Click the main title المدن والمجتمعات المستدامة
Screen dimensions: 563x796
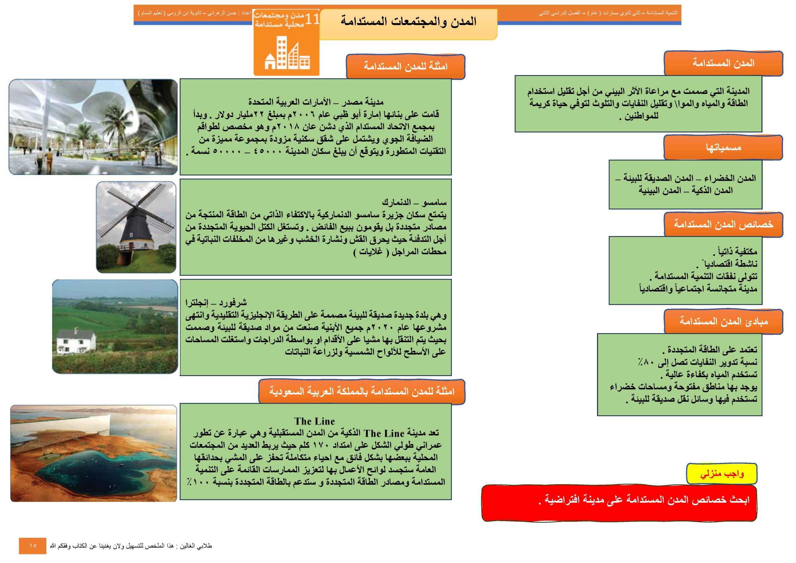point(408,22)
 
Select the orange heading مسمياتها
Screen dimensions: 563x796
point(723,147)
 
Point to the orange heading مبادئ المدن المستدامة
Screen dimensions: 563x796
point(723,322)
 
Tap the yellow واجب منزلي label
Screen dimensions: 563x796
point(721,473)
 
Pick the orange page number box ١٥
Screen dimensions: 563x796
point(33,546)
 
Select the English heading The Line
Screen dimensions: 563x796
point(314,421)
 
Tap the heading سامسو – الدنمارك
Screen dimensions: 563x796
point(414,202)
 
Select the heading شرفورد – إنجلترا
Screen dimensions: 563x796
point(216,302)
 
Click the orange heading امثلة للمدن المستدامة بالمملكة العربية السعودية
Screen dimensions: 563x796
point(362,391)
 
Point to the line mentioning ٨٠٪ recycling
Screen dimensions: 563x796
point(697,362)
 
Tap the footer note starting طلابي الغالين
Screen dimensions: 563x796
point(131,546)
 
